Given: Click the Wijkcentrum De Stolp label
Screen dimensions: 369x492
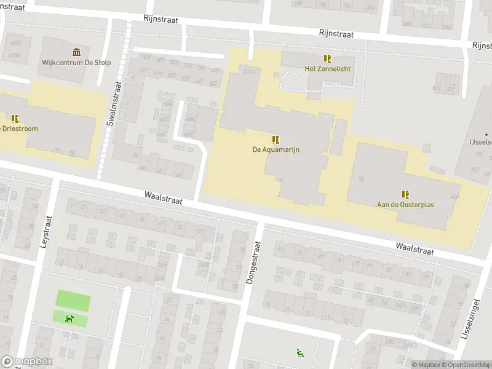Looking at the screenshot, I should (76, 62).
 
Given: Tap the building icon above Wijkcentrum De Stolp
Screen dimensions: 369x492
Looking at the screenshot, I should (76, 52).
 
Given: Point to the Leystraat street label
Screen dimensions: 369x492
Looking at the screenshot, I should (44, 231).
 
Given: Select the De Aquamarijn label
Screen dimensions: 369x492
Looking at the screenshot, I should (276, 149).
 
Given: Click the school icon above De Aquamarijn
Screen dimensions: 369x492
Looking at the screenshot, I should (276, 139).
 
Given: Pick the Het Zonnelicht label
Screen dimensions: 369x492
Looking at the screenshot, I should (328, 69).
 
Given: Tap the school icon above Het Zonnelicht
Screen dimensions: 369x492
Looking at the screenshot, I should (328, 58).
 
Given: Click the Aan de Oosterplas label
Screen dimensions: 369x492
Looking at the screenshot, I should (405, 204).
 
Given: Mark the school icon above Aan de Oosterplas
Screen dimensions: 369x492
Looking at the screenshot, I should (405, 194).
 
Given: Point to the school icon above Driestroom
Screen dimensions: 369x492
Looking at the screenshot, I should (15, 118).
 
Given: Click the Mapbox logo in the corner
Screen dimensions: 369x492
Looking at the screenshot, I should (26, 361).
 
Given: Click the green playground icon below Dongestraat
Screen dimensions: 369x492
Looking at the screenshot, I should (300, 352).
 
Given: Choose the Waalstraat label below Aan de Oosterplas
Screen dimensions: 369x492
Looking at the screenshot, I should (415, 248).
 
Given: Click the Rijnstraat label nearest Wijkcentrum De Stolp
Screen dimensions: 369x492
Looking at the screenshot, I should (161, 20).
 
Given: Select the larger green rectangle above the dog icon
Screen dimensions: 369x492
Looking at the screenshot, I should (73, 300).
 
